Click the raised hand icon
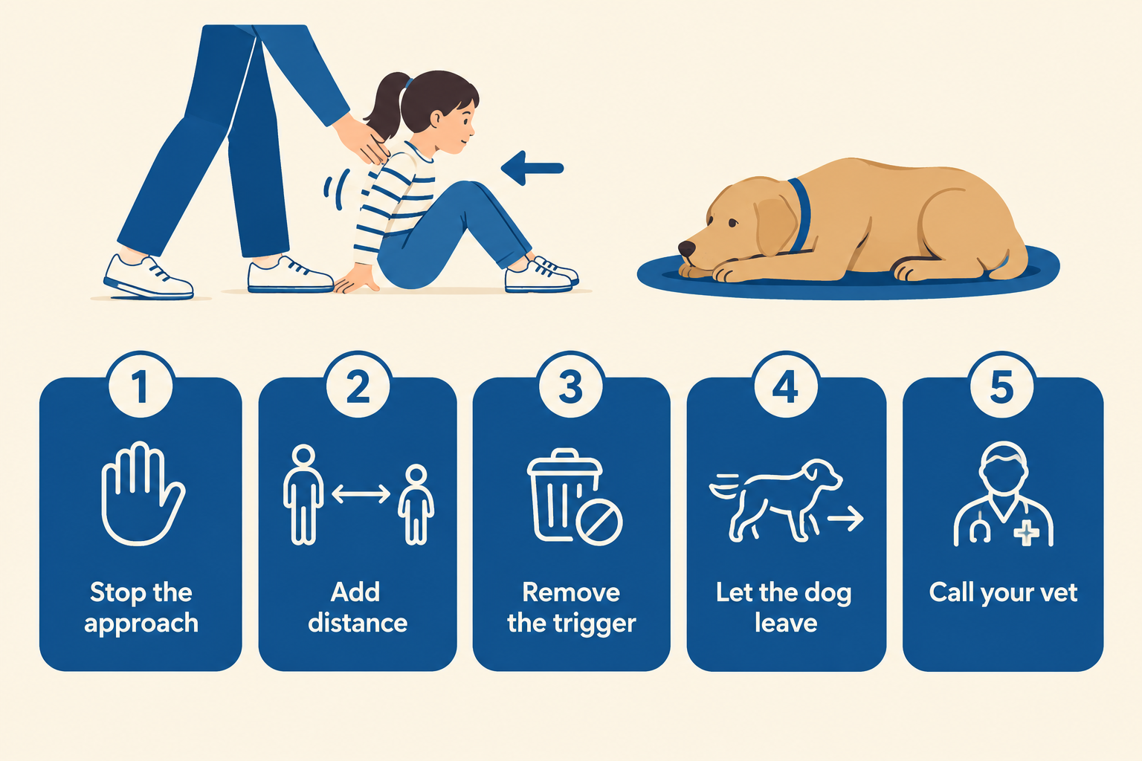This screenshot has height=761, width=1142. [142, 493]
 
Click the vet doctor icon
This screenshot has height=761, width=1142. [1003, 493]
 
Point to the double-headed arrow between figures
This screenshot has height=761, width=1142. [361, 493]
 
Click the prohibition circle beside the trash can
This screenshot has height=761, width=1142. [599, 522]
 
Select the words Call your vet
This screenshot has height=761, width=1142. [1003, 593]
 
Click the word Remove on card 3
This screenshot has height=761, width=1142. [571, 592]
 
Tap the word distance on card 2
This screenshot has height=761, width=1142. [358, 623]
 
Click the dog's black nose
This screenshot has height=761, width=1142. [687, 248]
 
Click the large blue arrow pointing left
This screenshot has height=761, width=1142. [532, 168]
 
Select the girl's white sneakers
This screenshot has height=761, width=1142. [541, 274]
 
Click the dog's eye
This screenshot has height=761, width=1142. [732, 223]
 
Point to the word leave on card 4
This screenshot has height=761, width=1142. [786, 623]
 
